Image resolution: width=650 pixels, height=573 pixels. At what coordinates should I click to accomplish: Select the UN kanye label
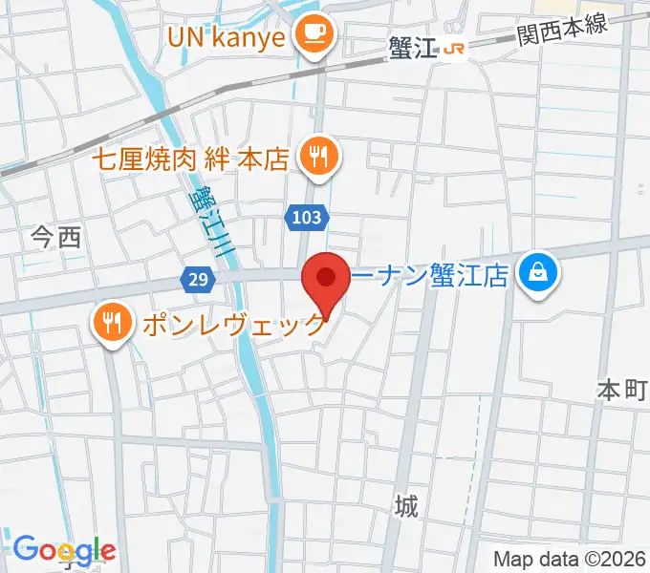[x=227, y=38]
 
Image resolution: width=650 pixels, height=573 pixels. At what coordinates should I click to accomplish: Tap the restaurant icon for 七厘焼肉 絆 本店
[x=318, y=158]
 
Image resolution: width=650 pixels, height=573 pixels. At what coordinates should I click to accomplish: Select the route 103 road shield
[x=304, y=218]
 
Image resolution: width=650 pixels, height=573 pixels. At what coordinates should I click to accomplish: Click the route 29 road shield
[x=196, y=279]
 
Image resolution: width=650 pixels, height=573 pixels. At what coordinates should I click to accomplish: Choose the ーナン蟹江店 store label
[x=429, y=277]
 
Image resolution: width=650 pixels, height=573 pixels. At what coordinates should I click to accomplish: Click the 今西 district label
[x=56, y=238]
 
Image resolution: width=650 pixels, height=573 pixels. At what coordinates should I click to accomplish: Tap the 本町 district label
[x=622, y=390]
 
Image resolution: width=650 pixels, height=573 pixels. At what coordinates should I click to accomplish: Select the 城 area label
[x=407, y=505]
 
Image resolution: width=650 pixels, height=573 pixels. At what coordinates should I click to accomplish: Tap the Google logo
[x=64, y=551]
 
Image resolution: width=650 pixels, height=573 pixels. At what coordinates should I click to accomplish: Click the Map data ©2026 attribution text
[x=570, y=560]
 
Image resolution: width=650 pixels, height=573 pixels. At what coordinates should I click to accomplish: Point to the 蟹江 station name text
[x=413, y=49]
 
